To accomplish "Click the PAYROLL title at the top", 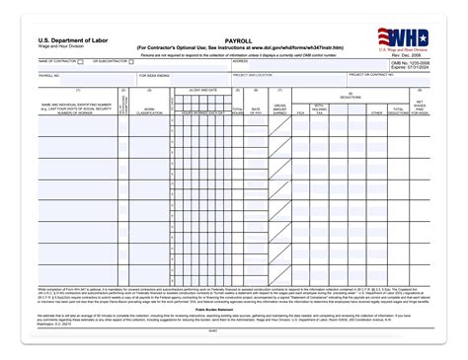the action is click(240, 37).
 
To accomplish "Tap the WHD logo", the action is click(403, 37).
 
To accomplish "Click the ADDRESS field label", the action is click(240, 61).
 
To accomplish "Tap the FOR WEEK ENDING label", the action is click(155, 75).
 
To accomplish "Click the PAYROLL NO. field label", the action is click(48, 75).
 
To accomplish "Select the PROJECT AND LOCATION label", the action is click(253, 74).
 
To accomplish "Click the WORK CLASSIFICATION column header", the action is click(149, 109).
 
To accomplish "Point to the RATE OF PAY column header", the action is click(257, 108).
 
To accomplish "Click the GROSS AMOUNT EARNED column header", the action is click(279, 108).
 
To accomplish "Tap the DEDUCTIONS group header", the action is click(350, 97).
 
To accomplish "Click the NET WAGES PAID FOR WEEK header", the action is click(420, 107).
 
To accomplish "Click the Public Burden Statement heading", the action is click(233, 308).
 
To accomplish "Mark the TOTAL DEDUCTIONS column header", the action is click(398, 110).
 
